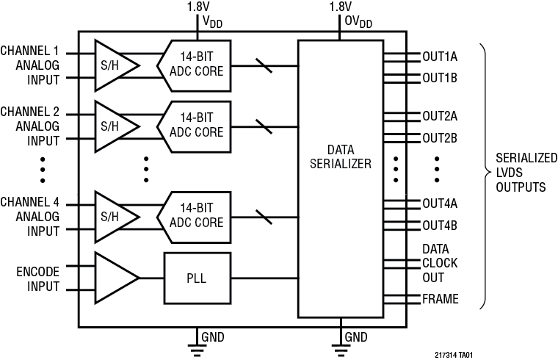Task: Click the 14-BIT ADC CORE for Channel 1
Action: [195, 65]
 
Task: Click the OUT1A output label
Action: [441, 57]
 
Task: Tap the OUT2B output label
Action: [441, 137]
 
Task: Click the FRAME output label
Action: [441, 299]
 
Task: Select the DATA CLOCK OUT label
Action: [440, 264]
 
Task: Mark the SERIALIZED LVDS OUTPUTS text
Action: [521, 173]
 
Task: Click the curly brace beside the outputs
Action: [486, 173]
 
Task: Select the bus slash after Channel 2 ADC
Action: [264, 126]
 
